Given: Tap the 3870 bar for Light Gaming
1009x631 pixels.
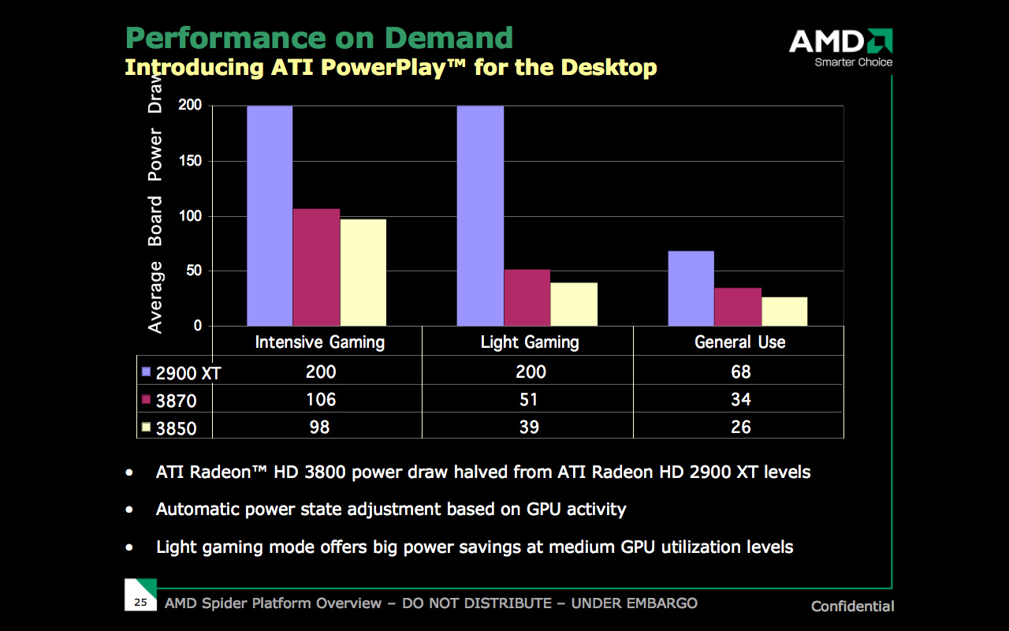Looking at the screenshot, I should pyautogui.click(x=527, y=297).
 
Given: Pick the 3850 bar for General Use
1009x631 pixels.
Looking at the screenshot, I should pyautogui.click(x=784, y=312).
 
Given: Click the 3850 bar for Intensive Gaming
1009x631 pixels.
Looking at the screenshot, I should pyautogui.click(x=363, y=272).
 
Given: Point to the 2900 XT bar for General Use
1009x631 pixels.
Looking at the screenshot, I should pyautogui.click(x=691, y=288).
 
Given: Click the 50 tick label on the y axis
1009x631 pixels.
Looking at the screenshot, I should pyautogui.click(x=194, y=271).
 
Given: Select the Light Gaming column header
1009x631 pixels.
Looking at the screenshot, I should pyautogui.click(x=529, y=342).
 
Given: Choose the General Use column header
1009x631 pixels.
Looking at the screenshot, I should pyautogui.click(x=739, y=342).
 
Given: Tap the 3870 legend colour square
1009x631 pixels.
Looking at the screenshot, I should pyautogui.click(x=146, y=400).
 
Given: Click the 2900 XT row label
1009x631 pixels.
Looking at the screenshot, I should pyautogui.click(x=188, y=373).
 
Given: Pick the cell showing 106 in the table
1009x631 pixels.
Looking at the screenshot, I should pyautogui.click(x=320, y=400).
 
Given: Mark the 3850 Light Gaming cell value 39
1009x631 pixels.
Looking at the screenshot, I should pyautogui.click(x=529, y=427).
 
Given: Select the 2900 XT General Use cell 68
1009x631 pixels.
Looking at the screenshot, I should pyautogui.click(x=740, y=372).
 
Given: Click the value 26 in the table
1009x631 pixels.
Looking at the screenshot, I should pyautogui.click(x=740, y=427).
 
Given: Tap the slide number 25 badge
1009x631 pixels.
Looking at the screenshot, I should pyautogui.click(x=141, y=603).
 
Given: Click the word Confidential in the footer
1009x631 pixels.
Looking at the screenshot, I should pyautogui.click(x=853, y=607).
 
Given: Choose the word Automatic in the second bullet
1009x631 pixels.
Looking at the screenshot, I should pyautogui.click(x=199, y=509).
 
